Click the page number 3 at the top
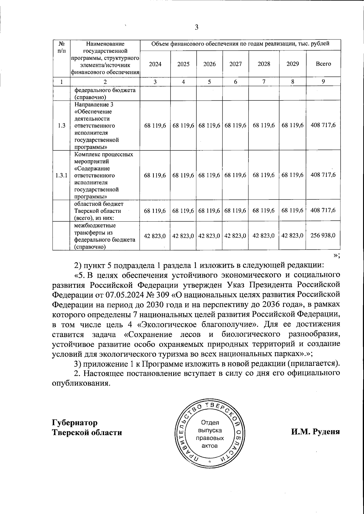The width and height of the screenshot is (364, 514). point(196,28)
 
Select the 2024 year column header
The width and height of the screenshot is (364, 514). point(155,64)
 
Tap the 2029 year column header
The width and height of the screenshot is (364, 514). point(292,64)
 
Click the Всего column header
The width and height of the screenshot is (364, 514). point(323,64)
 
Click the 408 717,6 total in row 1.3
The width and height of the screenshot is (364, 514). point(323,125)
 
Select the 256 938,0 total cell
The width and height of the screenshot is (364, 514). point(323,235)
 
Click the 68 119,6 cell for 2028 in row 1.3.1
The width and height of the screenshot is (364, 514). point(264,175)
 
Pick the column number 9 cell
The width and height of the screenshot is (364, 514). point(323,81)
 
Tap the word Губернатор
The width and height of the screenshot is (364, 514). point(75,423)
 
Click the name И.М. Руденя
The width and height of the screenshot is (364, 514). point(315,432)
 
